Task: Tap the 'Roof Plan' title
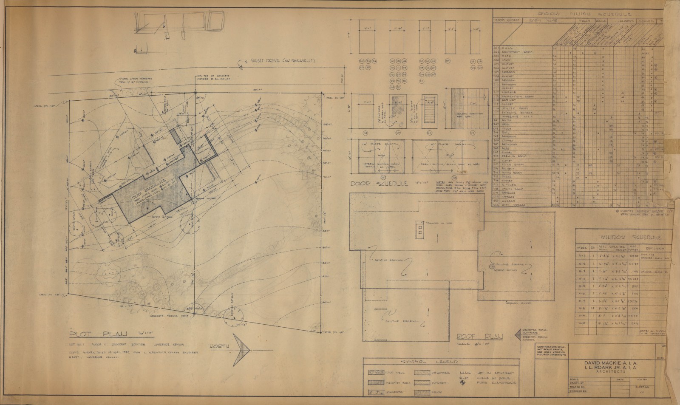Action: click(479, 337)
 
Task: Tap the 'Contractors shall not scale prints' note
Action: click(551, 351)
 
